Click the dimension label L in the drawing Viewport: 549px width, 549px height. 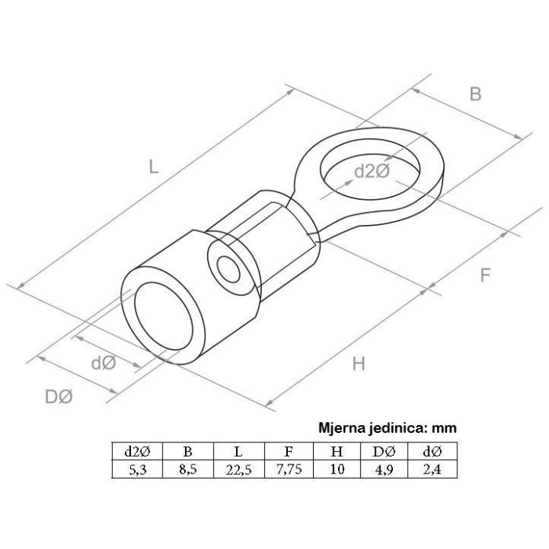click(x=154, y=166)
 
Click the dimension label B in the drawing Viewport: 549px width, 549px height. click(x=475, y=94)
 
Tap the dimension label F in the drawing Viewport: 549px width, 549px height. click(x=485, y=275)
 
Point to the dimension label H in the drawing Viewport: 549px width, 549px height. click(x=358, y=363)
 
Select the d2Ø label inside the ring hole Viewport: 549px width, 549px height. click(x=372, y=172)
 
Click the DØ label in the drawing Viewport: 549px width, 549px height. click(x=59, y=397)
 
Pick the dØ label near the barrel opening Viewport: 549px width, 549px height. click(x=104, y=362)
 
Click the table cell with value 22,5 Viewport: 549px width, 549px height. click(x=239, y=469)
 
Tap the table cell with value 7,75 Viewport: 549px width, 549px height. click(x=289, y=469)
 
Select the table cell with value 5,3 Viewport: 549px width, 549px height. click(x=137, y=469)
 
